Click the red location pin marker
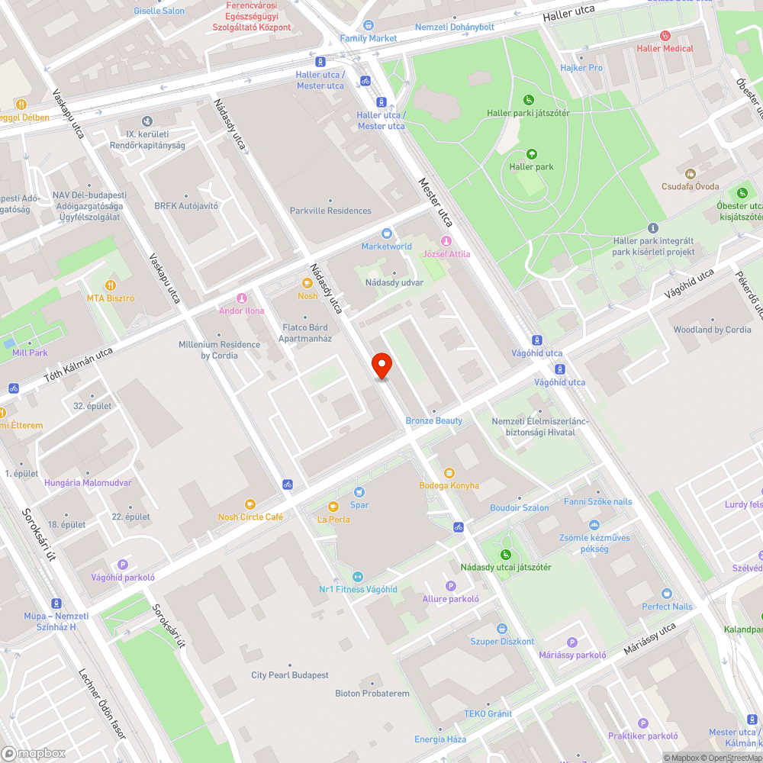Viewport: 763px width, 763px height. tap(381, 365)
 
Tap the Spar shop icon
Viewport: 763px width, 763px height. tap(359, 492)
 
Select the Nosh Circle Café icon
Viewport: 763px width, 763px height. tap(250, 504)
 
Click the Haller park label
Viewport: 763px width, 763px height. tap(531, 166)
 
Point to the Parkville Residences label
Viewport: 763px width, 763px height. tap(330, 211)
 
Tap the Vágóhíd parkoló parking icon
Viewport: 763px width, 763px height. tap(123, 565)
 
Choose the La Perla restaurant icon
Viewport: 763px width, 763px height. tap(333, 507)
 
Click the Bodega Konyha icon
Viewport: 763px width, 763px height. tap(449, 473)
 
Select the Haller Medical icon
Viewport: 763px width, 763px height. tap(665, 36)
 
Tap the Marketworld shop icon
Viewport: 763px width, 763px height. tap(387, 233)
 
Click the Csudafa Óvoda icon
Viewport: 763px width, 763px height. tap(691, 174)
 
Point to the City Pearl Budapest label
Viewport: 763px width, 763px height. tap(290, 675)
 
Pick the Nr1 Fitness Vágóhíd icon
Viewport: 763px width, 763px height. tap(358, 577)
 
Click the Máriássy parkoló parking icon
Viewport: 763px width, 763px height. tap(572, 642)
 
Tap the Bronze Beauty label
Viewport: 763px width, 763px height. tap(434, 420)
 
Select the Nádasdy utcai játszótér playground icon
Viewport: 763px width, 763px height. tap(505, 555)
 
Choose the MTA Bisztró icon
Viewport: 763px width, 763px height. tap(110, 285)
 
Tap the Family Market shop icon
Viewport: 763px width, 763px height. tap(369, 25)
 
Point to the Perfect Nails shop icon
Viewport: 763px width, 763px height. tap(667, 594)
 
